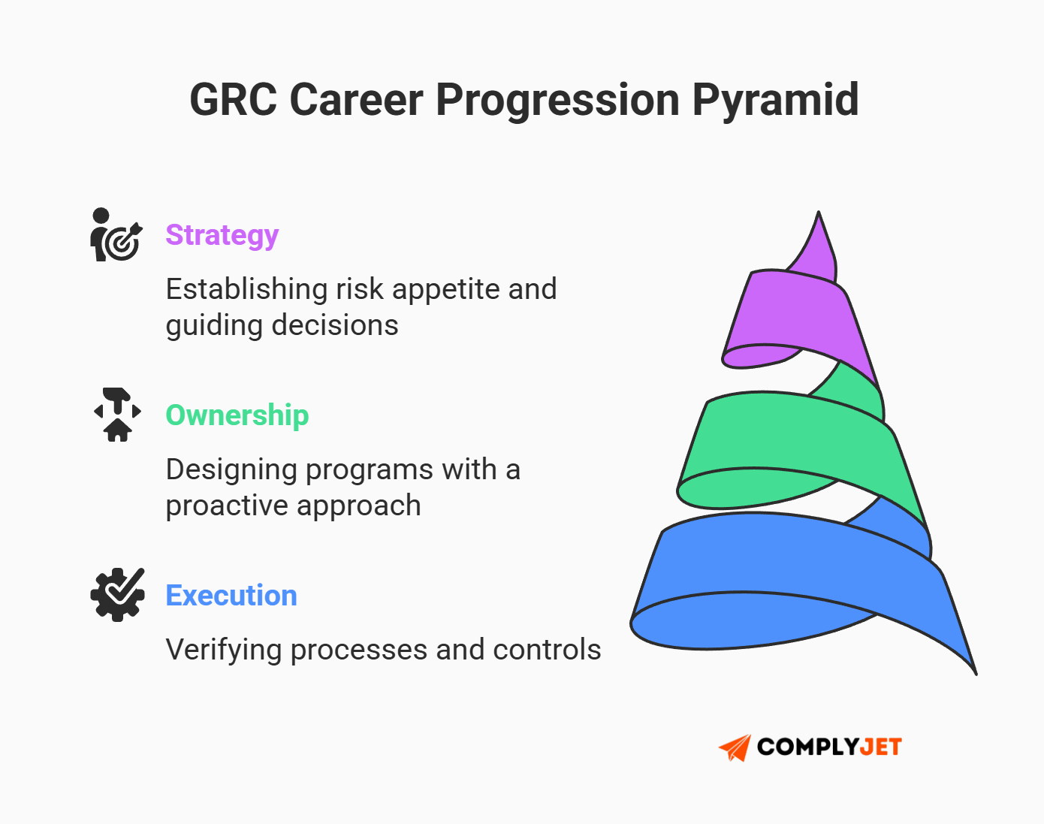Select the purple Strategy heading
pos(222,235)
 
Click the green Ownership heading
pos(237,415)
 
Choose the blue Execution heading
pos(231,596)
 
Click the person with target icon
pos(115,235)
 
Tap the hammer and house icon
pos(117,415)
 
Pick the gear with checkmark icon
pos(117,594)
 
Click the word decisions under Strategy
pos(334,325)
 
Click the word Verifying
pos(223,650)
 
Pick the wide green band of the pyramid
pos(789,436)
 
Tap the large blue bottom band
pos(789,560)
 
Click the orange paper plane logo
pos(735,747)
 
